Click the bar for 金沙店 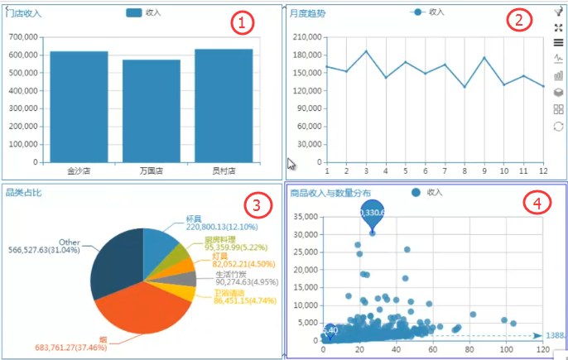pos(79,107)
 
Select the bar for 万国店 pos(152,111)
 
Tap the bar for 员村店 pos(224,106)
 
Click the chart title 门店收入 pos(24,13)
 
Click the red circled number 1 pos(239,23)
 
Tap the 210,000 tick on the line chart pos(307,38)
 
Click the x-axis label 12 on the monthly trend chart pos(543,171)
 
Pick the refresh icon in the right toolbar pos(559,126)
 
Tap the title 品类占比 pos(24,193)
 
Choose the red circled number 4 pos(539,203)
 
